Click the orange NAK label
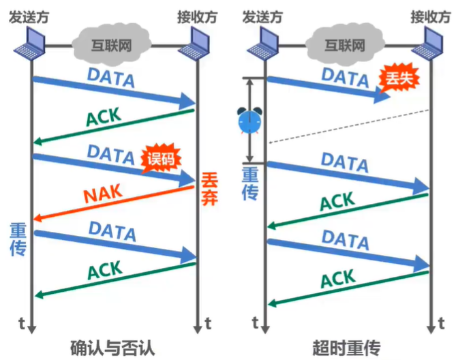(104, 195)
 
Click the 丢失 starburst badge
(399, 80)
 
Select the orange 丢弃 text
(209, 190)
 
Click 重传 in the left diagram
(18, 239)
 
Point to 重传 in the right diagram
(250, 183)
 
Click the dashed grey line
(348, 126)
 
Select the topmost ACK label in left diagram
(103, 118)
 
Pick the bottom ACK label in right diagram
(338, 278)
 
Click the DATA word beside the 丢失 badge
(345, 77)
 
